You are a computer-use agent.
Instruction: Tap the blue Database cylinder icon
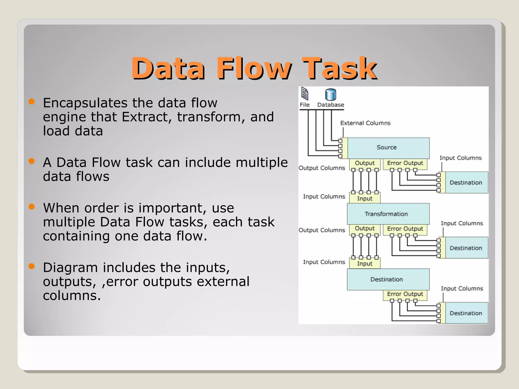pos(330,95)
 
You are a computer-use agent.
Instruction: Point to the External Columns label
pos(365,123)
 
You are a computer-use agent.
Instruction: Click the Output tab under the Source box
pos(364,163)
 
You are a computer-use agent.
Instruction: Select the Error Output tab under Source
pos(405,163)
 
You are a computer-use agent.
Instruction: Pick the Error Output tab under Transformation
pos(405,229)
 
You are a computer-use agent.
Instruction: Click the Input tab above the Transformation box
pos(364,199)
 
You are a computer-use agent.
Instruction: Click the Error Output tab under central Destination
pos(405,294)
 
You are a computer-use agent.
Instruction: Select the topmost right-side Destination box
pos(466,183)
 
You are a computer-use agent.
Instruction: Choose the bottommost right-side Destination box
pos(466,313)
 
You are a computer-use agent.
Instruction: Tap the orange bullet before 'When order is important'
pos(31,207)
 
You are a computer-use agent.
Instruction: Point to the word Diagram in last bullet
pos(70,268)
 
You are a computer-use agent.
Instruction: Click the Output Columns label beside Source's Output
pos(322,168)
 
